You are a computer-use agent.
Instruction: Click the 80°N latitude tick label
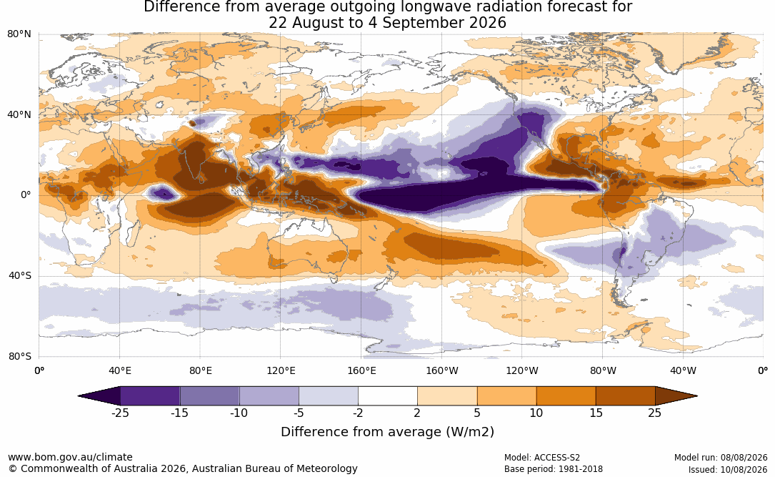(19, 34)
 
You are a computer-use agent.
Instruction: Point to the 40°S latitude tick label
(20, 275)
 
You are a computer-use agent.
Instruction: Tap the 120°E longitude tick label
(281, 370)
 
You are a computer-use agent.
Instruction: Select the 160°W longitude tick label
(442, 370)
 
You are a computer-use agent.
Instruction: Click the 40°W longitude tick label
(683, 370)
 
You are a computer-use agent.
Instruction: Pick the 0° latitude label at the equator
(26, 195)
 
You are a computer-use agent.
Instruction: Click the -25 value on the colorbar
(119, 413)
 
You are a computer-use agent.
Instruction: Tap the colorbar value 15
(596, 413)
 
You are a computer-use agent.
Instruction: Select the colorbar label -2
(358, 413)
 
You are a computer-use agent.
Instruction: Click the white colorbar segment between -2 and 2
(388, 396)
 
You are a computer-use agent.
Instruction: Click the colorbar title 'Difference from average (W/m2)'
(387, 432)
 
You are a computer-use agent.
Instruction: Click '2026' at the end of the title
(488, 23)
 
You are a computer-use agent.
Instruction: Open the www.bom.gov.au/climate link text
(70, 457)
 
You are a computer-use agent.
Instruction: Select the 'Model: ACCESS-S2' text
(541, 458)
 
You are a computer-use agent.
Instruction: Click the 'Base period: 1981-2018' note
(553, 469)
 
